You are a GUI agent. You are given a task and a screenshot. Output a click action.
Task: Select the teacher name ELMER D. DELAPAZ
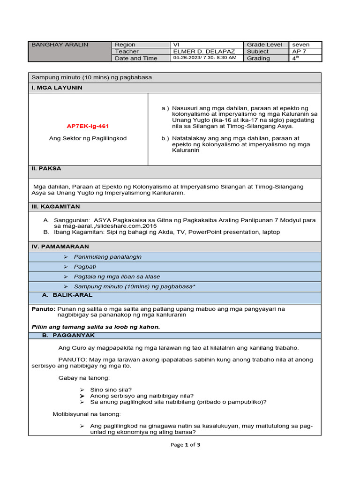[204, 52]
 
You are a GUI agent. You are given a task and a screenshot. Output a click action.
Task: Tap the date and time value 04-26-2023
[205, 58]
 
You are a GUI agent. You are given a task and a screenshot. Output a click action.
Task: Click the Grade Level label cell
[265, 45]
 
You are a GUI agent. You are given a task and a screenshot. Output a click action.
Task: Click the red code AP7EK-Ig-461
[88, 126]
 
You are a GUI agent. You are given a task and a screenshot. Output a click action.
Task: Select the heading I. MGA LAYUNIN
[56, 88]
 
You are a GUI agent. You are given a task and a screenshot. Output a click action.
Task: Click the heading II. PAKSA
[46, 168]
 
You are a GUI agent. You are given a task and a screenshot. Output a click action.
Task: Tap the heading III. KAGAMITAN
[55, 207]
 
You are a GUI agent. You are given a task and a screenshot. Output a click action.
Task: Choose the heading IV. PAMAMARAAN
[60, 247]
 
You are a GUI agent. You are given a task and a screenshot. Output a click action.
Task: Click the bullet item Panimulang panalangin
[108, 257]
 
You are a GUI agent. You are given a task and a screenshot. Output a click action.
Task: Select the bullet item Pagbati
[85, 267]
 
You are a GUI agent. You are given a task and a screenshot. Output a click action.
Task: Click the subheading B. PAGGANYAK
[68, 336]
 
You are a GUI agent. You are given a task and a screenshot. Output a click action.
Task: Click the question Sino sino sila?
[111, 390]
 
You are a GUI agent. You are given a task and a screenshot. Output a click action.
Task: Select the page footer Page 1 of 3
[186, 445]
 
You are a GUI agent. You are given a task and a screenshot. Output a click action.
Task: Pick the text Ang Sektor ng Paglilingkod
[88, 138]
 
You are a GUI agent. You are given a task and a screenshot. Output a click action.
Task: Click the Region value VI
[176, 45]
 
